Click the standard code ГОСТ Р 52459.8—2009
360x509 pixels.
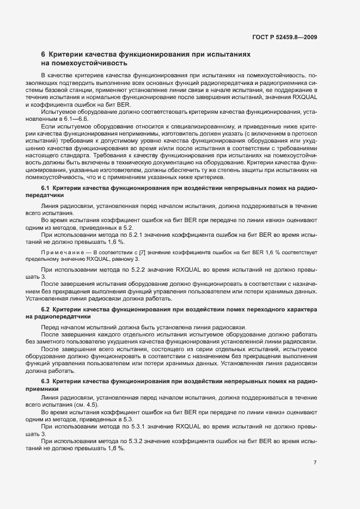click(x=285, y=37)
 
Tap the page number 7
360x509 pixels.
click(x=315, y=462)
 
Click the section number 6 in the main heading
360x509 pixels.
click(x=44, y=54)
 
